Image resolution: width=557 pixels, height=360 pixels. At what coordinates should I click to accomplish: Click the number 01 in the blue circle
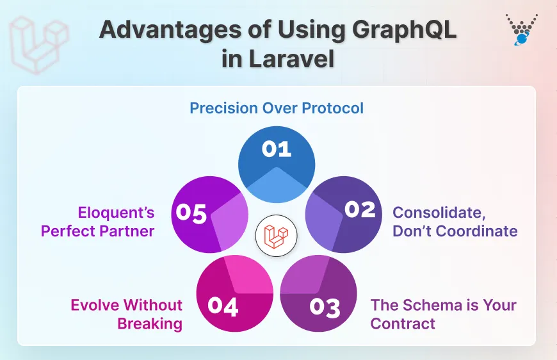(x=276, y=149)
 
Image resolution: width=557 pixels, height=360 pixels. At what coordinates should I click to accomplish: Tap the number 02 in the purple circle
(x=359, y=209)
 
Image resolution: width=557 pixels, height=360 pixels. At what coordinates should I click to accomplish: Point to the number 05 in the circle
(x=191, y=213)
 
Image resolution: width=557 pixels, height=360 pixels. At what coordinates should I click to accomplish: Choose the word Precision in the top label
(x=224, y=108)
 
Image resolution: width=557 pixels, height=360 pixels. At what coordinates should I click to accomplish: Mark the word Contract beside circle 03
(x=403, y=323)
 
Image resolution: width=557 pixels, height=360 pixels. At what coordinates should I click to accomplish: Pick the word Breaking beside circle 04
(x=150, y=323)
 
